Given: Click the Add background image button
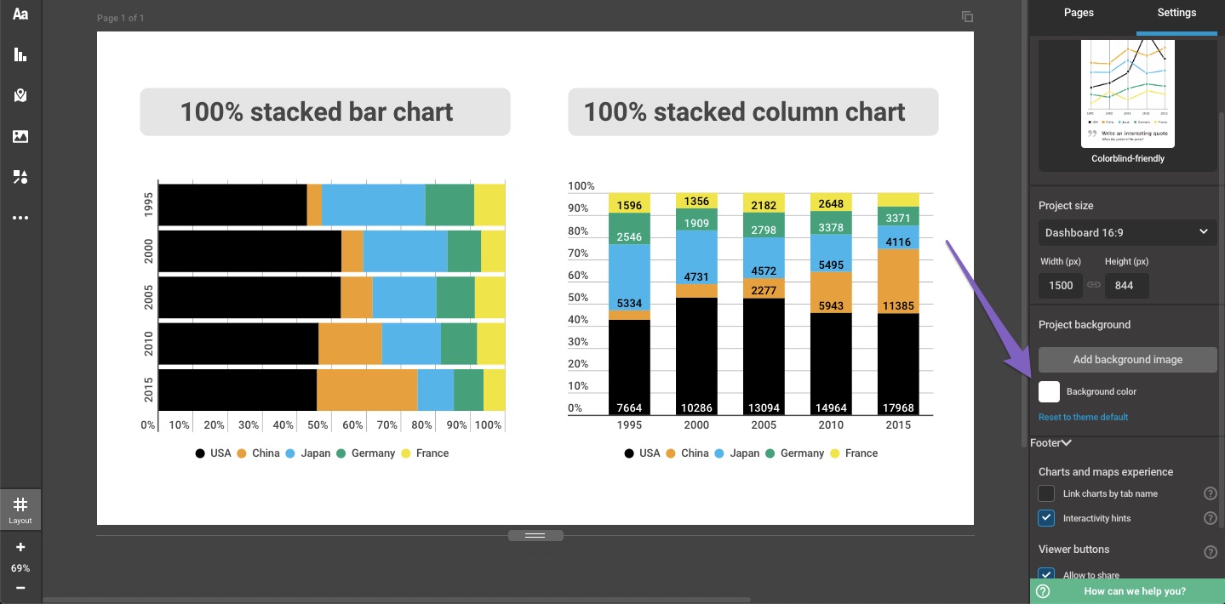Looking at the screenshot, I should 1127,360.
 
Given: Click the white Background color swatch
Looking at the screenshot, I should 1050,391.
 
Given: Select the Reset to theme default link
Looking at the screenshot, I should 1083,417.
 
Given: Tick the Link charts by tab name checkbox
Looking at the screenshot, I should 1047,493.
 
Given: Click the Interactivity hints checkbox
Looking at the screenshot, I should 1047,518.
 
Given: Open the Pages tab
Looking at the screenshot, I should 1079,13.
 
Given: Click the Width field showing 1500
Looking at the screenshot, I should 1061,286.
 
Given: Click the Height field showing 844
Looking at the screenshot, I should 1125,286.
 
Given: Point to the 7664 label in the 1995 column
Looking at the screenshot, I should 629,407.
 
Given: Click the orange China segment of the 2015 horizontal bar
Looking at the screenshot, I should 367,390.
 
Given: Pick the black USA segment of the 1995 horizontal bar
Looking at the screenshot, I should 232,205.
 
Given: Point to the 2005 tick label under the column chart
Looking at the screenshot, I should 764,425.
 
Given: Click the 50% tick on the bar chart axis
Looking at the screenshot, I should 318,425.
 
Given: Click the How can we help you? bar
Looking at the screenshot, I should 1127,591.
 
